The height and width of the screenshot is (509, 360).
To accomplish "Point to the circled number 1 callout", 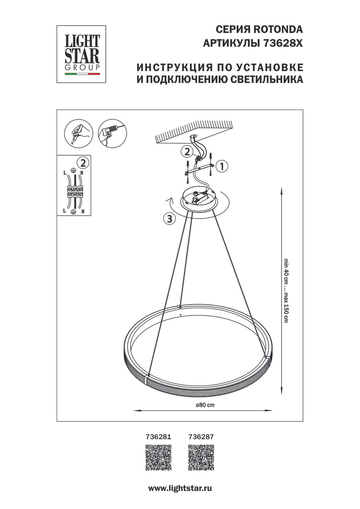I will coord(222,166).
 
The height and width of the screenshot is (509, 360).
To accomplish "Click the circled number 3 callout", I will coord(169,218).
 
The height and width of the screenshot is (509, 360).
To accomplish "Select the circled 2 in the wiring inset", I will coord(83,163).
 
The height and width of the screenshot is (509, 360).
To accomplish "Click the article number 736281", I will coord(158,437).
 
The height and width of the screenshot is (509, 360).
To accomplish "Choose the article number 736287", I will coord(201,437).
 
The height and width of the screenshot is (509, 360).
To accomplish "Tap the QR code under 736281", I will coord(158,458).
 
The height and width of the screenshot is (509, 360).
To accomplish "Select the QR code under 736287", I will coord(201,458).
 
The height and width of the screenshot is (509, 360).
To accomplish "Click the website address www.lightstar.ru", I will coord(180,488).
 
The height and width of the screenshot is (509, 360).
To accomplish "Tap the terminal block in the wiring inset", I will coord(74,192).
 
